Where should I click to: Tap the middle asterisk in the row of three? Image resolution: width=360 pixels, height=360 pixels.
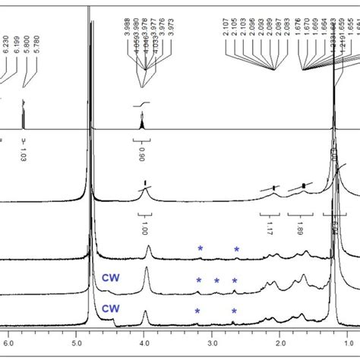[x=216, y=281]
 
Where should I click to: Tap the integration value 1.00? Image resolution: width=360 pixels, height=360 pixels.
[x=144, y=226]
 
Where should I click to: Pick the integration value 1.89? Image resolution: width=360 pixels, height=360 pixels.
[x=298, y=226]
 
